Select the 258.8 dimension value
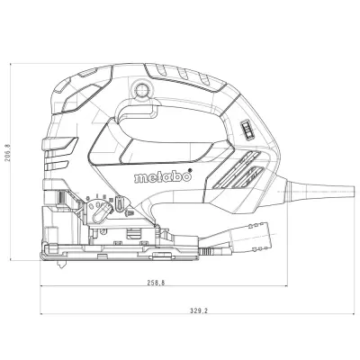[x=156, y=283]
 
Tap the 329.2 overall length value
[x=199, y=310]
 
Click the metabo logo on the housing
[x=163, y=176]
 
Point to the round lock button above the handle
[x=140, y=89]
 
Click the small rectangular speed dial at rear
[x=247, y=130]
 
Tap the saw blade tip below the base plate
[x=62, y=265]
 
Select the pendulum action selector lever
[x=101, y=212]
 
